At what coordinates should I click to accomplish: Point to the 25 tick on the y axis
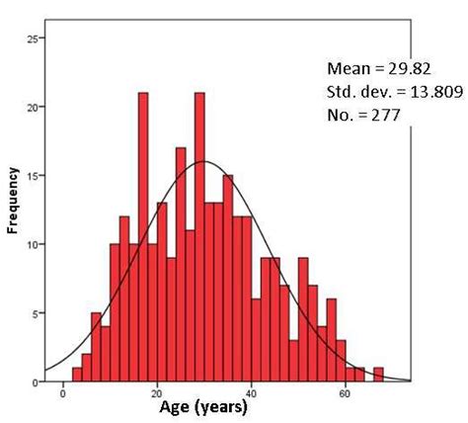click(x=35, y=39)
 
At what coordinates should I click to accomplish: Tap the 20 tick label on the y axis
click(x=35, y=107)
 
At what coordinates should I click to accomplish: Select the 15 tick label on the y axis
click(x=35, y=176)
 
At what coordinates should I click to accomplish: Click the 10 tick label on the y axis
click(x=35, y=244)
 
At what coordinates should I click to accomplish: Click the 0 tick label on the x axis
click(x=64, y=392)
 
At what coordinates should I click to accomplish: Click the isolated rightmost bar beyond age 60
click(x=378, y=375)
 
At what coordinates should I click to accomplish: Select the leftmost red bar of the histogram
click(x=77, y=375)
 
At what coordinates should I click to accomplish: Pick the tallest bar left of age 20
click(x=143, y=237)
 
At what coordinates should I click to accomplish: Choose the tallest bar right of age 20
click(x=199, y=237)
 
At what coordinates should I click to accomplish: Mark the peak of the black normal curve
click(x=204, y=161)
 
